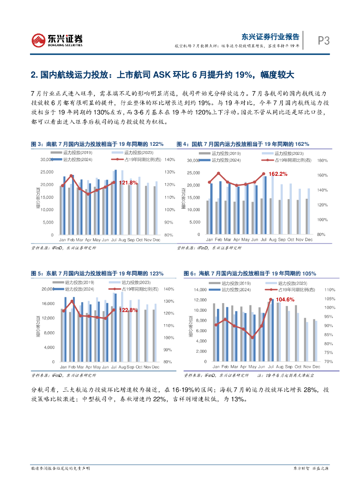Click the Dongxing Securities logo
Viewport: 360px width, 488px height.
(57, 40)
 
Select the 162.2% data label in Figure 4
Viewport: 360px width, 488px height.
(278, 174)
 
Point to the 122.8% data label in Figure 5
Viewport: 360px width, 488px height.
(128, 310)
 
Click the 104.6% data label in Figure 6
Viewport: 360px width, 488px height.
(286, 299)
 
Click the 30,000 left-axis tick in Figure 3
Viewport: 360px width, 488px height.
(47, 160)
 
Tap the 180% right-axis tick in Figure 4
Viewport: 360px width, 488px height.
(321, 161)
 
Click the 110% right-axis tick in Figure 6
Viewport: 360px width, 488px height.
(329, 290)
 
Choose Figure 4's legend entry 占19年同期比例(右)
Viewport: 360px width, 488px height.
(281, 161)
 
